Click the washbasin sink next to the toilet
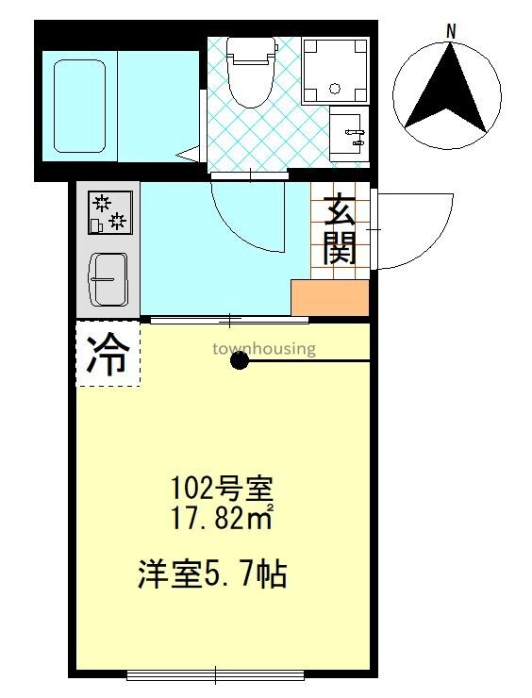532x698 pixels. coord(351,131)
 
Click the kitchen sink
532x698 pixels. coord(108,278)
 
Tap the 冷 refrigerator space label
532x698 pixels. coord(108,356)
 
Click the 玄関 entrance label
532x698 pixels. coord(340,229)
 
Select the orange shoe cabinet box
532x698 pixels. coord(329,298)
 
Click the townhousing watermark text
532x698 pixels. coord(263,348)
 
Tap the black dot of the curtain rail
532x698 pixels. coord(241,360)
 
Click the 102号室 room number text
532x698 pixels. coord(221,490)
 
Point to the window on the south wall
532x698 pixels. coord(215,673)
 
